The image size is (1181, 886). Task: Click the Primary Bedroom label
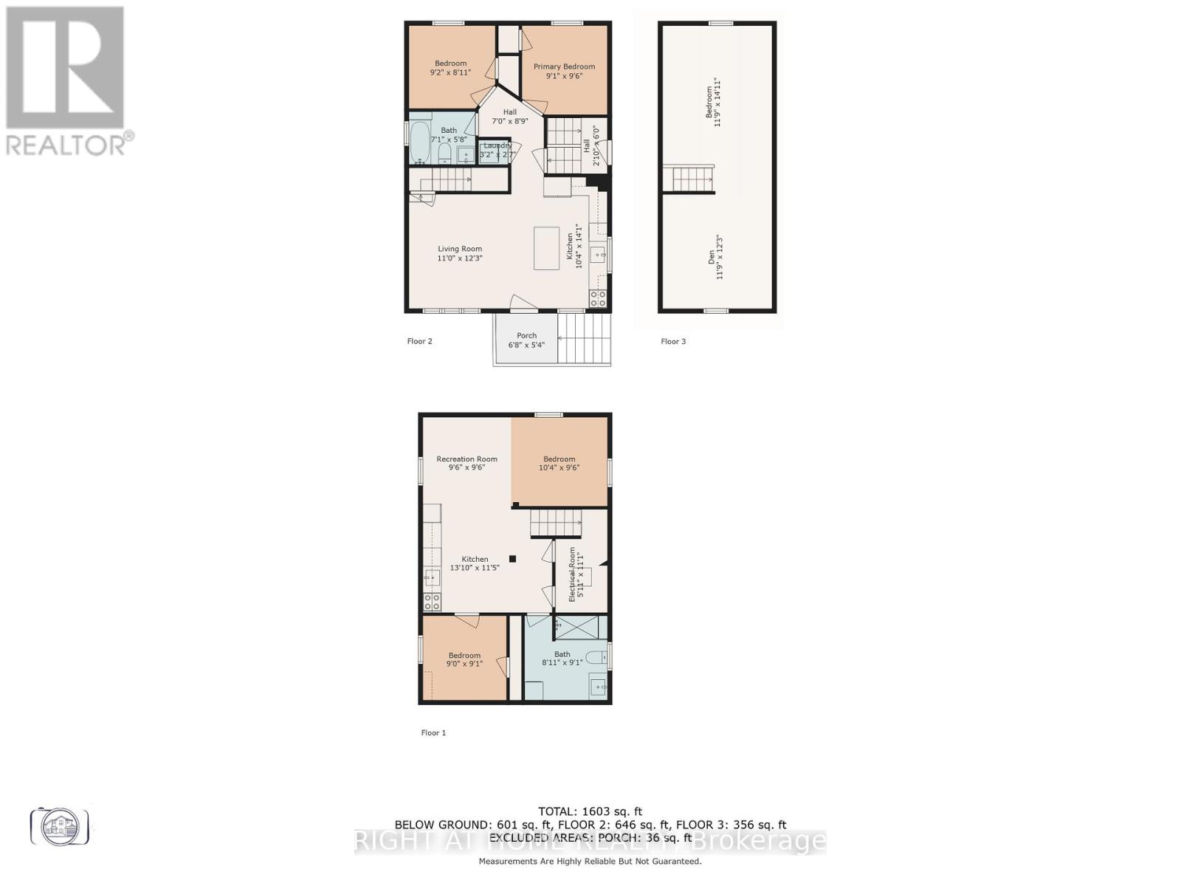pos(564,71)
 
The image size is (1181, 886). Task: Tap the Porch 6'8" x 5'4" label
pos(526,340)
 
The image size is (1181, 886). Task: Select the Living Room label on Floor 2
pos(459,254)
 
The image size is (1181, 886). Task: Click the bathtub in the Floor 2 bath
pos(419,142)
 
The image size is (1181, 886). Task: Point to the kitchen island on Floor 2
pos(546,248)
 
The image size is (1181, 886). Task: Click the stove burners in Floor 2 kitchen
pos(598,298)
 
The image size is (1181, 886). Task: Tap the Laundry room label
pos(497,151)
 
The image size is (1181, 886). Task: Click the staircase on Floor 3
pos(692,178)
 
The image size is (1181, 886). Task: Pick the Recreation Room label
pos(466,463)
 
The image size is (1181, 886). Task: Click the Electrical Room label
pos(576,574)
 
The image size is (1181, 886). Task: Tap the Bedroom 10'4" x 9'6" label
pos(559,463)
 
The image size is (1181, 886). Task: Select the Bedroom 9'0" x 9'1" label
pos(464,659)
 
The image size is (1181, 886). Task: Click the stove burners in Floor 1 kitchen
pos(432,602)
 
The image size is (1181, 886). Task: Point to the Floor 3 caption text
pos(672,341)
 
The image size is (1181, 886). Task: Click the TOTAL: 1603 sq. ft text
pos(590,811)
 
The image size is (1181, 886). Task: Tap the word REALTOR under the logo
pos(66,144)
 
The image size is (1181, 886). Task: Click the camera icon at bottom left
pos(60,825)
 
